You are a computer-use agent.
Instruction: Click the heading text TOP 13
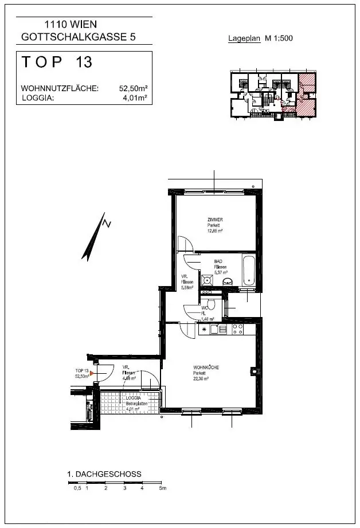point(57,62)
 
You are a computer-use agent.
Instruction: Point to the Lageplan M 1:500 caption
point(261,39)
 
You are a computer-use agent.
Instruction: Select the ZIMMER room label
point(215,220)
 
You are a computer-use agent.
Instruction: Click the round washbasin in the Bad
point(228,281)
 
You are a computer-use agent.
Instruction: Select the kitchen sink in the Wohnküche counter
point(215,329)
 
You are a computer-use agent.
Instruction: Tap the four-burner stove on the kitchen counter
point(237,329)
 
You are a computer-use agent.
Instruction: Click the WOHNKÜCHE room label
point(206,367)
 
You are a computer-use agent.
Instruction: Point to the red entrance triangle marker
point(91,373)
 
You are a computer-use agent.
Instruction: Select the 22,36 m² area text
point(200,378)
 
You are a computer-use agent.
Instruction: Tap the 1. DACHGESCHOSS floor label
point(104,474)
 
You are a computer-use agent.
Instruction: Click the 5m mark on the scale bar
point(163,488)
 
